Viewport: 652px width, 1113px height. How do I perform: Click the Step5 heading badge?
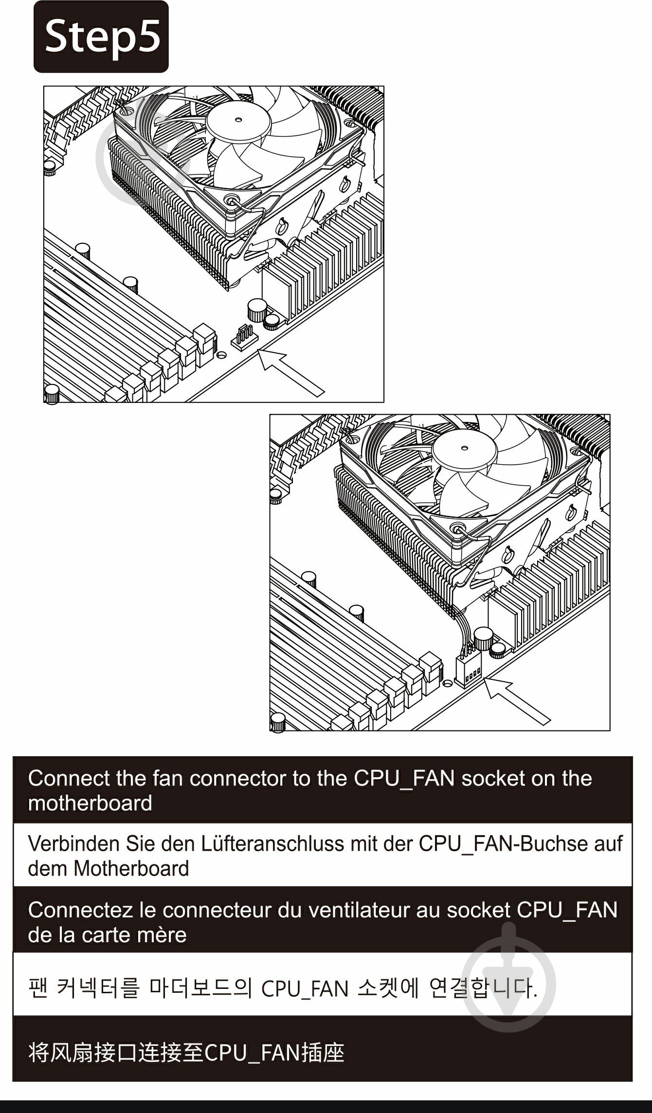101,37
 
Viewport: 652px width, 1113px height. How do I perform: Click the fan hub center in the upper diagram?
238,119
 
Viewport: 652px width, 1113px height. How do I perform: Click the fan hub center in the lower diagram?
465,448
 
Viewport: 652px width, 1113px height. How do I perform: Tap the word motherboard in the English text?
90,803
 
